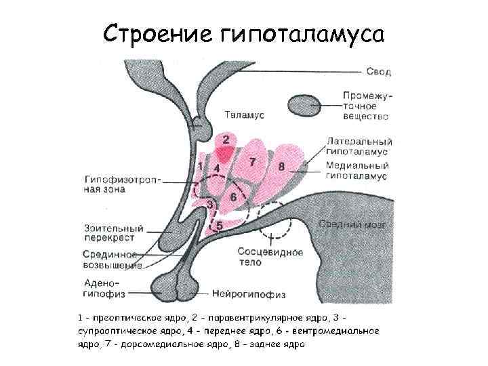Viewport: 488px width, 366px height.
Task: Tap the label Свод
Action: [379, 71]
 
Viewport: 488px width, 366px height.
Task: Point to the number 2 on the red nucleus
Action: [225, 140]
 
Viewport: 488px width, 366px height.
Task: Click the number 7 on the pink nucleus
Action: [252, 161]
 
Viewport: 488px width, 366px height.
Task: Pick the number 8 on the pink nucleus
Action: [281, 165]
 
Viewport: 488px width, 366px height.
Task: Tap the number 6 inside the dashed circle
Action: [233, 196]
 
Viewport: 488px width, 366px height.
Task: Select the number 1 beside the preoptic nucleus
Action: [200, 165]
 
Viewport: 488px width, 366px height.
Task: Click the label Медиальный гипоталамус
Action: [357, 171]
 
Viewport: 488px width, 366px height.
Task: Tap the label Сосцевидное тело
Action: [270, 256]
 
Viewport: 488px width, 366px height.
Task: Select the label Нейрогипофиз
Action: [249, 294]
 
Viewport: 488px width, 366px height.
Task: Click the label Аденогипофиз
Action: [102, 288]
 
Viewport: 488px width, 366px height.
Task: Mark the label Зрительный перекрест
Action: [110, 232]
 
